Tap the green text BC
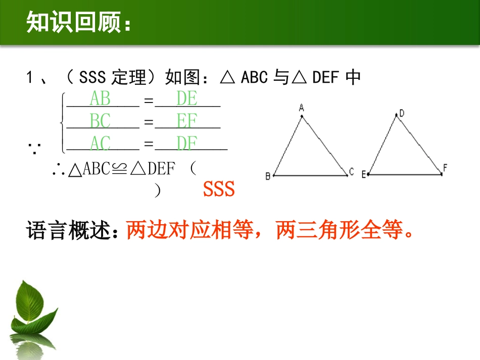point(100,121)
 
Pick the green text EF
point(186,121)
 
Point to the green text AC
point(100,143)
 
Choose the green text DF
point(186,143)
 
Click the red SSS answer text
point(219,189)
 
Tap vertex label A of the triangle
point(301,108)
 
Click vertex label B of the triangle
point(268,176)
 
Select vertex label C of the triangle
point(351,171)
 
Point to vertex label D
point(402,114)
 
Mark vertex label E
point(363,174)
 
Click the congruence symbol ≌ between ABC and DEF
point(117,169)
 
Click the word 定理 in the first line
point(132,77)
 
